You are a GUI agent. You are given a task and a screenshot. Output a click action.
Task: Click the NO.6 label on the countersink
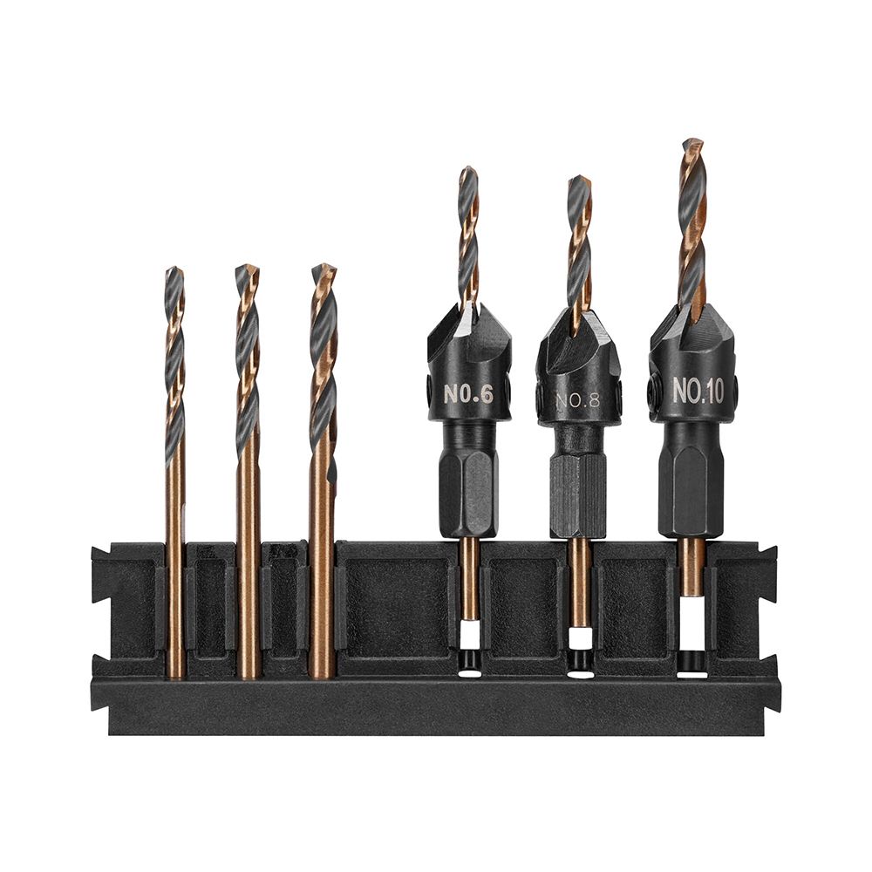[x=469, y=393]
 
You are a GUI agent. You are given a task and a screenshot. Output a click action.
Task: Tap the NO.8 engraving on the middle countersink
[x=578, y=401]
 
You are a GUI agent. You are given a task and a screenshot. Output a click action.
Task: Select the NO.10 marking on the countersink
[x=698, y=392]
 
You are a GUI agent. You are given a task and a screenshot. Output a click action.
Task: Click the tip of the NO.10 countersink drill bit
[x=692, y=142]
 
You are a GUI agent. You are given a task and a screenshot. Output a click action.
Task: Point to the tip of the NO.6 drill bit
[x=468, y=170]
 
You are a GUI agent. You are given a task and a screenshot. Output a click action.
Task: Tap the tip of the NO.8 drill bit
[x=579, y=181]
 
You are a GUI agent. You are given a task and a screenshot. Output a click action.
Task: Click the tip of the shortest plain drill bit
[x=174, y=271]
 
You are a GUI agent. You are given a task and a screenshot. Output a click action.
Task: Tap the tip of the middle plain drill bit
[x=248, y=269]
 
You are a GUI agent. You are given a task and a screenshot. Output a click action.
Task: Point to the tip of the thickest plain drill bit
[x=324, y=268]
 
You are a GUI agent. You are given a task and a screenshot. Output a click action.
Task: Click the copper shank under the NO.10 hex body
[x=692, y=567]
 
